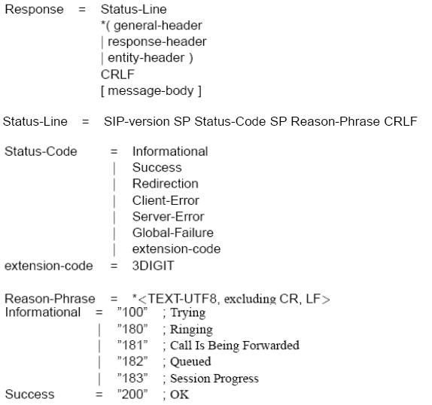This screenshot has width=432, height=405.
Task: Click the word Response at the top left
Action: click(34, 10)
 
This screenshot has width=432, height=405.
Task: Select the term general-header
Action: click(158, 26)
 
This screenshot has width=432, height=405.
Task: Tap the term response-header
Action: click(157, 42)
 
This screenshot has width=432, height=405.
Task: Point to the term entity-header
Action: click(146, 58)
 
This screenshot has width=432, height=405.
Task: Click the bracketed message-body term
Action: click(151, 91)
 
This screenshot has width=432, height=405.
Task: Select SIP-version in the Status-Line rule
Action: click(137, 122)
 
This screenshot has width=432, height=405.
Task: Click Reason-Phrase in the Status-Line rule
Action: click(336, 122)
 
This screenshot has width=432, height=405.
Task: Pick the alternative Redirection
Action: click(166, 184)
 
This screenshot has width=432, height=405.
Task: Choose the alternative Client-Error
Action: click(166, 200)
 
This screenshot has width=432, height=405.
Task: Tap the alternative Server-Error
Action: click(168, 217)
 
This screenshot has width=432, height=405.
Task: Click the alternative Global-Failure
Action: click(173, 233)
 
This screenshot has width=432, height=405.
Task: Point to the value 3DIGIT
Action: click(154, 266)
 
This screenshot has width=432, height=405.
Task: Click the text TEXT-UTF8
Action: click(183, 299)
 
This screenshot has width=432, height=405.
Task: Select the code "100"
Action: click(132, 312)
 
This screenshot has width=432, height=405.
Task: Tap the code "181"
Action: click(132, 346)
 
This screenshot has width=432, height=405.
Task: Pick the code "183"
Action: click(132, 378)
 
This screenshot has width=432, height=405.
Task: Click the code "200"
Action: click(132, 394)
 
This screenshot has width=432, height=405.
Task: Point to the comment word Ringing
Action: click(191, 330)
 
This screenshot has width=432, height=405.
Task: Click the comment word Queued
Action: click(190, 362)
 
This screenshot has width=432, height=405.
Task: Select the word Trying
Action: click(188, 313)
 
